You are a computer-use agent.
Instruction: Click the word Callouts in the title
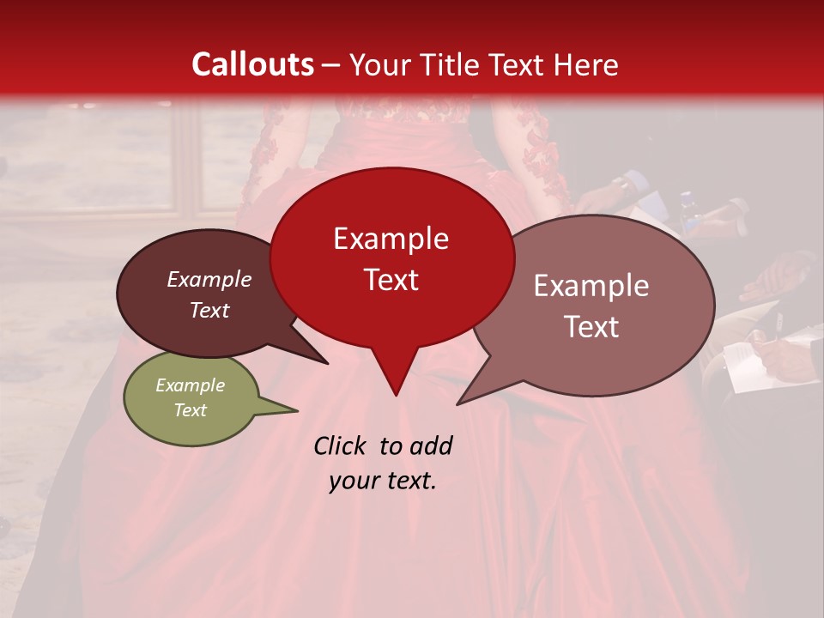pyautogui.click(x=252, y=64)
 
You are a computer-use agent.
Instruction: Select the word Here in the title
pyautogui.click(x=586, y=64)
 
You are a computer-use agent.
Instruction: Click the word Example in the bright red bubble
pyautogui.click(x=391, y=239)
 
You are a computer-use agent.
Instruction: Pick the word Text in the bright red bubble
pyautogui.click(x=391, y=280)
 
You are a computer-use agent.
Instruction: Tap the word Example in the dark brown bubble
pyautogui.click(x=209, y=279)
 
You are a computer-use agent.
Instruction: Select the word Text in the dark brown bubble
pyautogui.click(x=209, y=310)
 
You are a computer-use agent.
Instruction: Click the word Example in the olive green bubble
pyautogui.click(x=190, y=385)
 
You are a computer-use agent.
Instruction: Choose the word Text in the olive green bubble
pyautogui.click(x=190, y=410)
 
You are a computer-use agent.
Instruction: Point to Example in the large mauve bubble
pyautogui.click(x=591, y=286)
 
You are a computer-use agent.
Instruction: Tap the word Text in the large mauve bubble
pyautogui.click(x=591, y=327)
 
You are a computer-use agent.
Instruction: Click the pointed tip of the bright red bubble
pyautogui.click(x=396, y=395)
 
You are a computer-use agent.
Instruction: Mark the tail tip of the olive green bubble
pyautogui.click(x=297, y=410)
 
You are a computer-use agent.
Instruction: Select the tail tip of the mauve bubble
pyautogui.click(x=457, y=403)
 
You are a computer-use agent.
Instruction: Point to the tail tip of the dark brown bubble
pyautogui.click(x=327, y=363)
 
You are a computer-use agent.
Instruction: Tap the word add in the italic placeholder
pyautogui.click(x=432, y=445)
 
